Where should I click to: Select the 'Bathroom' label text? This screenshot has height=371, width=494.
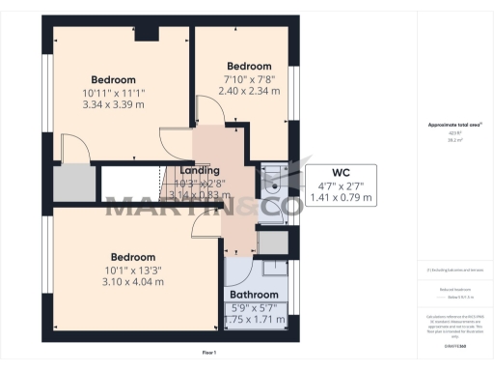pyautogui.click(x=253, y=295)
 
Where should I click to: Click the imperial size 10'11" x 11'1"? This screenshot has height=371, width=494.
pyautogui.click(x=113, y=92)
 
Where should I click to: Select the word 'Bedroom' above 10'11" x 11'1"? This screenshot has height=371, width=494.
pyautogui.click(x=113, y=79)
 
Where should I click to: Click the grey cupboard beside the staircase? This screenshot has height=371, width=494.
pyautogui.click(x=73, y=184)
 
